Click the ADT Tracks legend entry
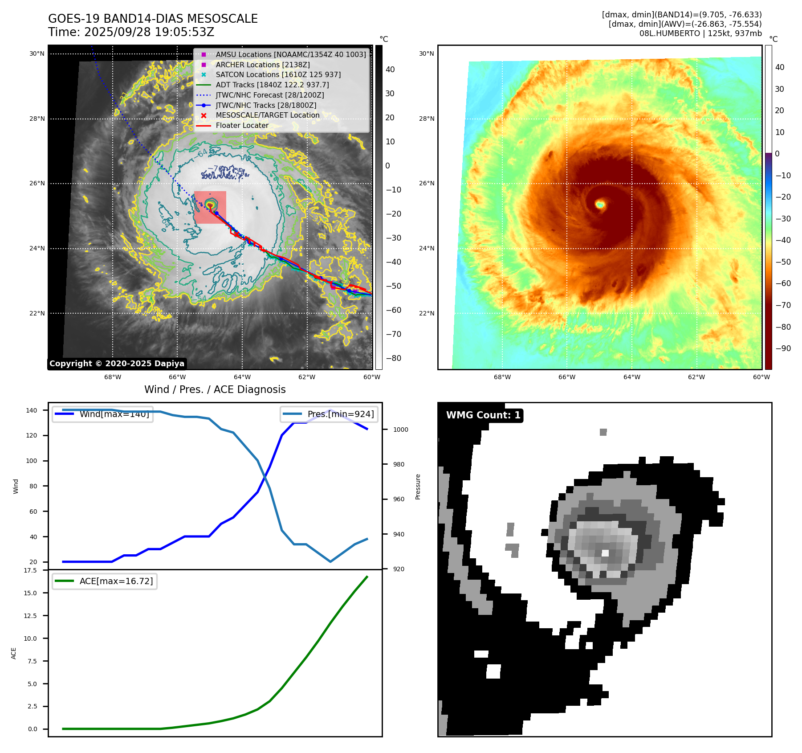click(272, 85)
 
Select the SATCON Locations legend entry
click(278, 74)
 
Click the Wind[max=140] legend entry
click(114, 414)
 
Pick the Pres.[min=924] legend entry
click(340, 414)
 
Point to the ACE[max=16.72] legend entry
click(116, 581)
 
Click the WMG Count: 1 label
click(483, 415)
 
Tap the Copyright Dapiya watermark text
click(117, 364)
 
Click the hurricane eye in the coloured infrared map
click(600, 205)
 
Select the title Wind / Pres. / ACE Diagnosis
click(215, 389)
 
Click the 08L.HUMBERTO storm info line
click(700, 33)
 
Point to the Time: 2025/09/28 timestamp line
click(131, 32)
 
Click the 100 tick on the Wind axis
click(32, 461)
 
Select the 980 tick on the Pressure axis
click(399, 464)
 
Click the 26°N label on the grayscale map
click(37, 183)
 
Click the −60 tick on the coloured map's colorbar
click(783, 283)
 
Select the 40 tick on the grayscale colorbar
click(390, 69)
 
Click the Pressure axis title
click(418, 486)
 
